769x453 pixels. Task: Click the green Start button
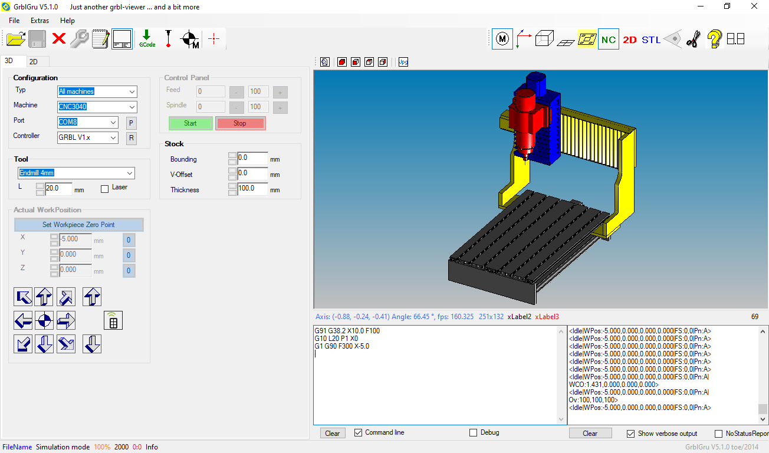point(190,123)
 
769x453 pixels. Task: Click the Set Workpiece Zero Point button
point(78,225)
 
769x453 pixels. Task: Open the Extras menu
point(40,21)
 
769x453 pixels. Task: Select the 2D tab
point(34,61)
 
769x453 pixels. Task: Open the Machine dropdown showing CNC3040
point(97,107)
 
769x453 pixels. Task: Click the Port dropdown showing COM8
point(87,122)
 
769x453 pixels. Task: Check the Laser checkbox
point(105,189)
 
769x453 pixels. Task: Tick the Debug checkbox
point(473,433)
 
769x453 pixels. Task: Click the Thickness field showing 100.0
point(252,189)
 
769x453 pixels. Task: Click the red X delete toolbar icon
point(59,38)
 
